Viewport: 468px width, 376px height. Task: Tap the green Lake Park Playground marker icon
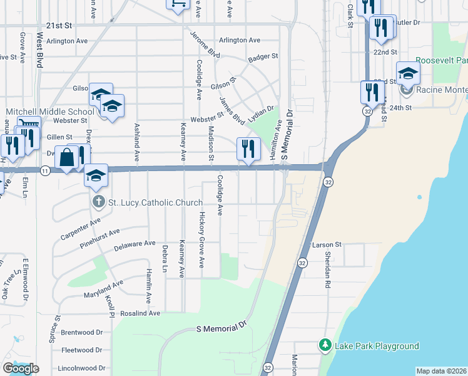pos(325,345)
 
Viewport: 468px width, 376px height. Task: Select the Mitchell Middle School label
pos(49,112)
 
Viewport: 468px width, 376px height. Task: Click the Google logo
pos(21,368)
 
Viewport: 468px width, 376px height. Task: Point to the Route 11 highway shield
pos(44,170)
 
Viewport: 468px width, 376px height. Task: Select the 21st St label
pos(55,26)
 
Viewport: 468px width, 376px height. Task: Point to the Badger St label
pos(263,57)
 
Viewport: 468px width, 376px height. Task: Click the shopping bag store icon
pos(67,158)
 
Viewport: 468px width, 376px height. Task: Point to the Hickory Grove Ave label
pos(201,239)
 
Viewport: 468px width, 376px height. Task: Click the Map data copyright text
pos(442,371)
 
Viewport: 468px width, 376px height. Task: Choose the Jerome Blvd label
pos(205,44)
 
